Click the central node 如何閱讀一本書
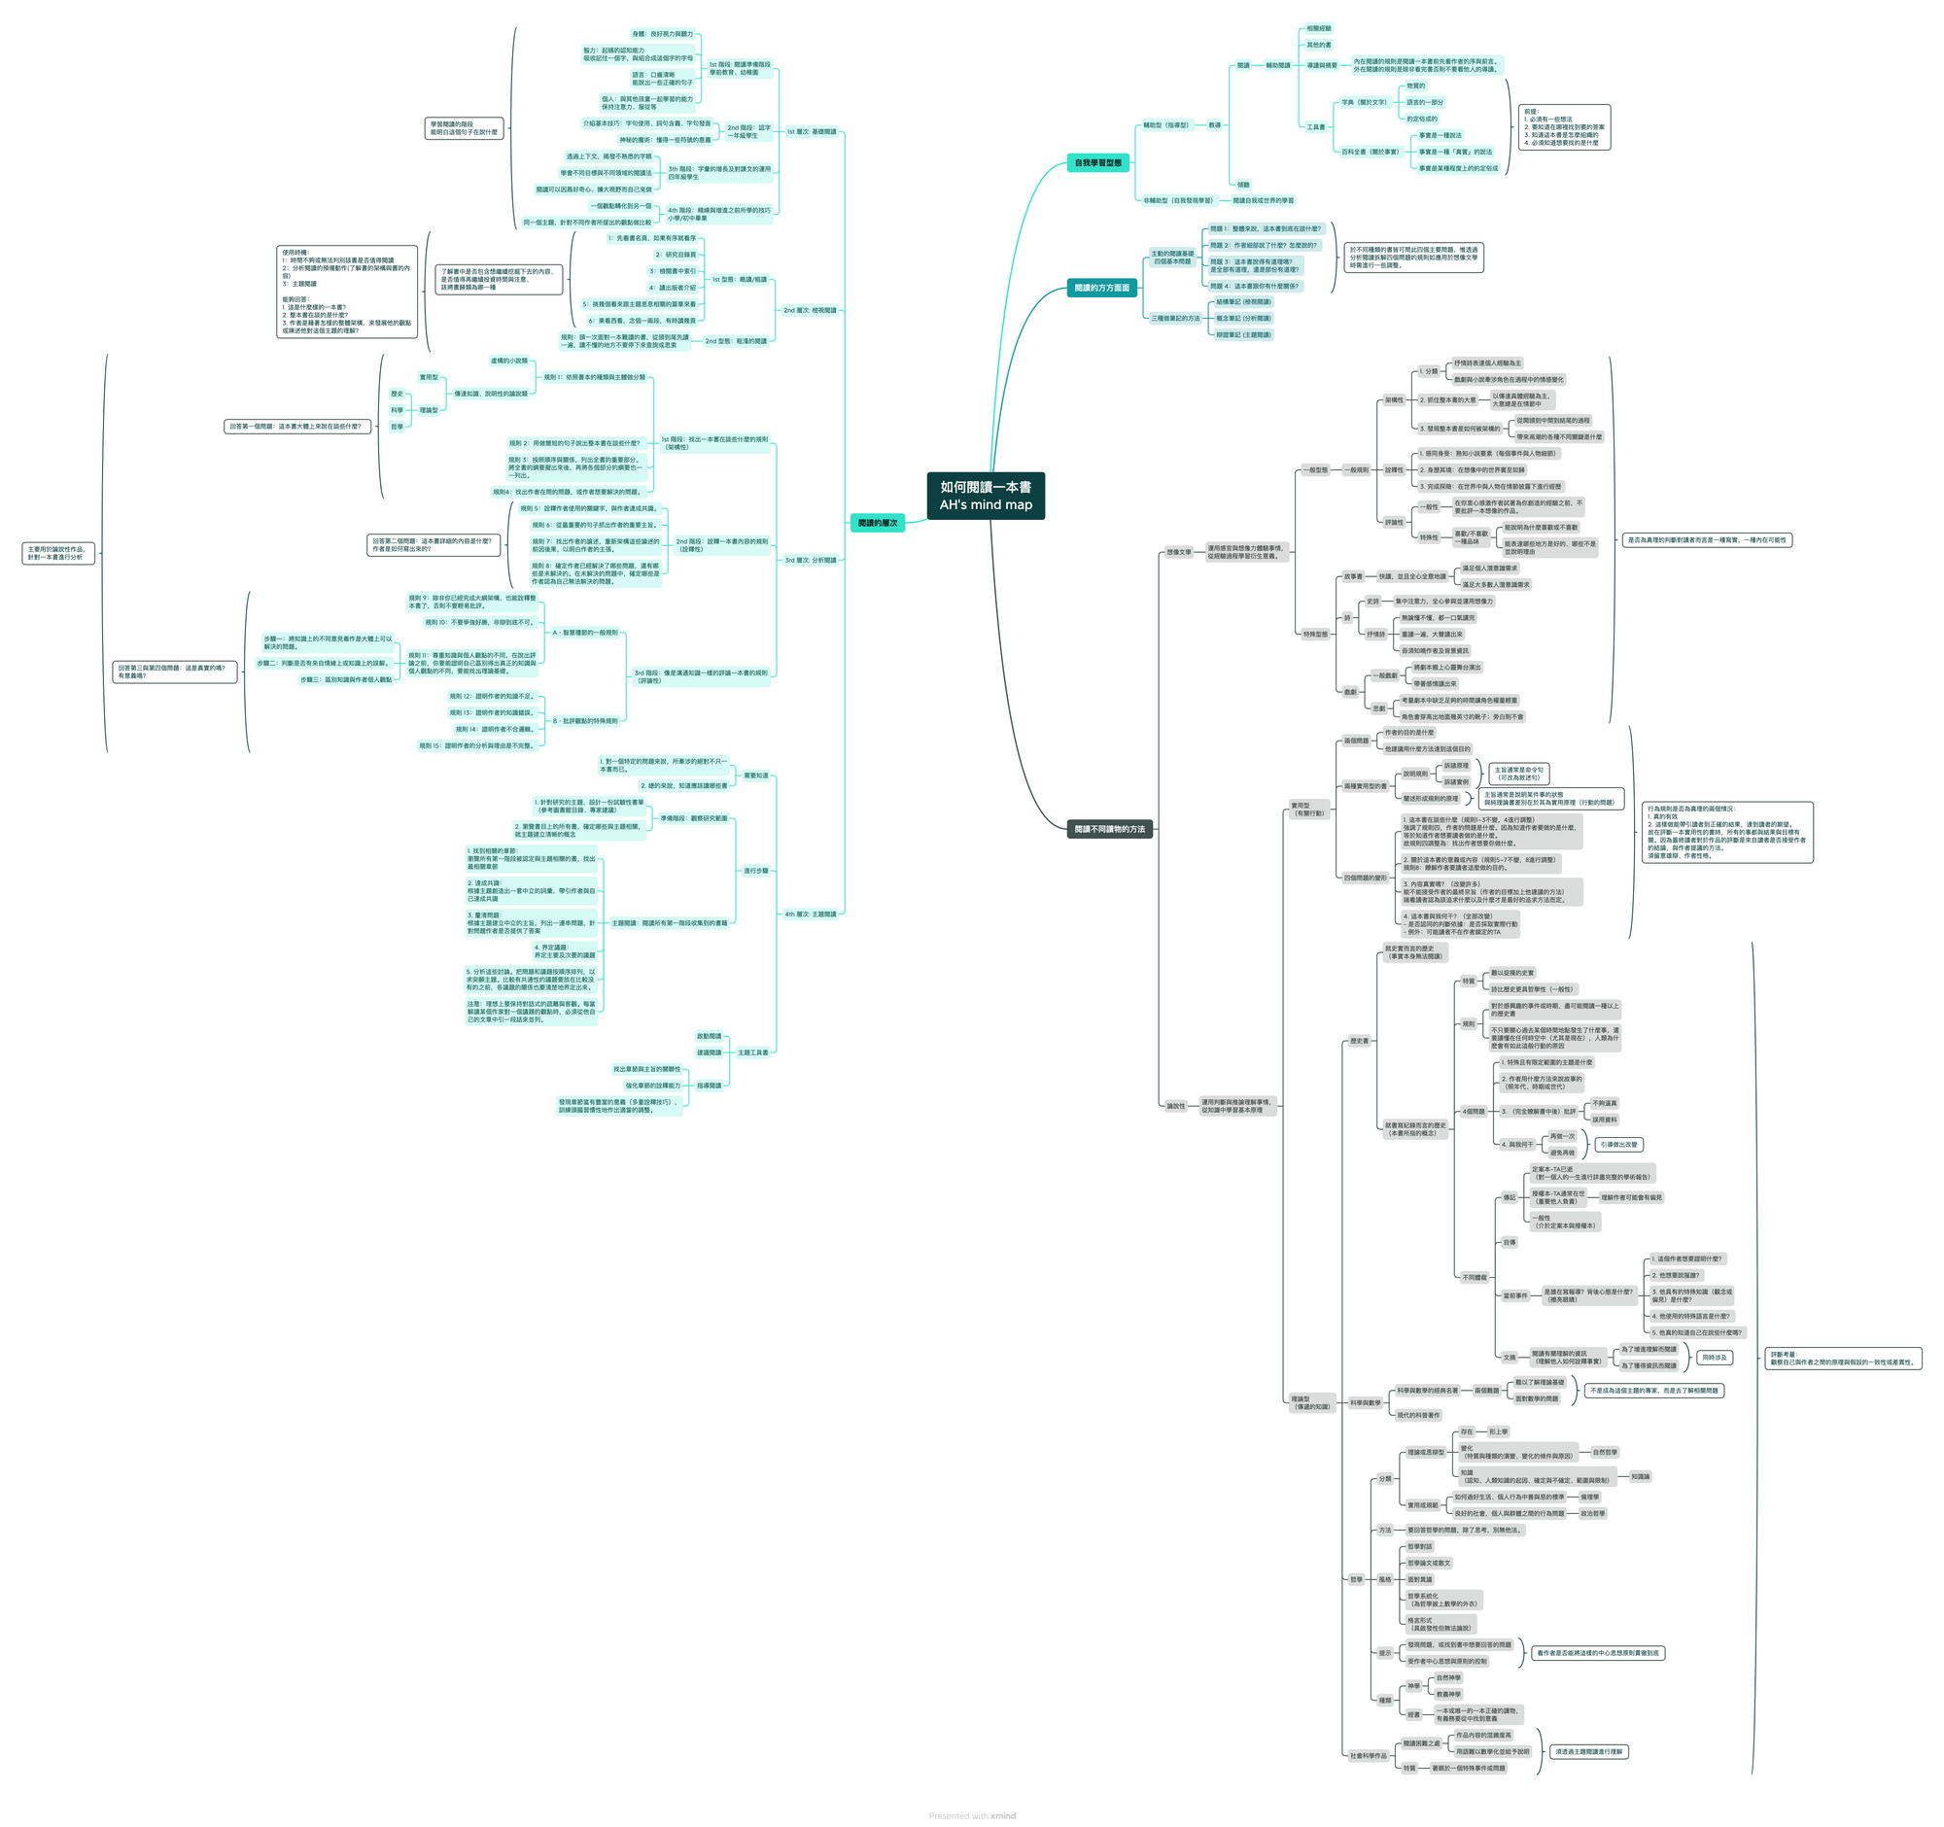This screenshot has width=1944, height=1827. [985, 496]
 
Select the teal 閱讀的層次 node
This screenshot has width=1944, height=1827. [877, 523]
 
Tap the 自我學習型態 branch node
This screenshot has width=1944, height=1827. [1098, 163]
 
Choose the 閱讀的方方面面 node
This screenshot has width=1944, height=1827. [1101, 289]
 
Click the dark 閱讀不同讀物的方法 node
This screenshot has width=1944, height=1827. [1109, 829]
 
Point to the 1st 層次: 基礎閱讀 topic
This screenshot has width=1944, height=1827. [812, 132]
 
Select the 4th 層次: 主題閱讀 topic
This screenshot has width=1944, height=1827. [810, 914]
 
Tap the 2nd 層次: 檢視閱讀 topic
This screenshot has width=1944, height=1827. [810, 310]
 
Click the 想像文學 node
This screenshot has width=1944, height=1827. [1178, 552]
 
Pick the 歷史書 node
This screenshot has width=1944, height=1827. [1359, 1041]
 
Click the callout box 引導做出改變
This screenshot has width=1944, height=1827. [1618, 1145]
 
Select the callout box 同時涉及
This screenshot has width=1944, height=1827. [1715, 1358]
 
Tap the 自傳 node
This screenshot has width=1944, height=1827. [1509, 1242]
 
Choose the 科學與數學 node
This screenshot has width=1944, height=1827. [1365, 1402]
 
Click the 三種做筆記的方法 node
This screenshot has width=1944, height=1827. [1174, 319]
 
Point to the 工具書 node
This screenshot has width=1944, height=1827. [1316, 127]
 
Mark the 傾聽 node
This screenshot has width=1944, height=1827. [1243, 185]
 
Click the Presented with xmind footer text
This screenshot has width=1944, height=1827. [972, 1816]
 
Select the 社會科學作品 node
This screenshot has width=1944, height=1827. [1368, 1756]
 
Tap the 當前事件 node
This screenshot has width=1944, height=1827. [1514, 1296]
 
